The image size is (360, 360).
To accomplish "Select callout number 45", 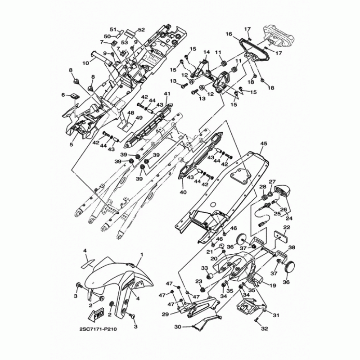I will tap(263, 144).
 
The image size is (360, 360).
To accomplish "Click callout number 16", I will tap(229, 34).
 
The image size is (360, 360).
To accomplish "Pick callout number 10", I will tap(85, 63).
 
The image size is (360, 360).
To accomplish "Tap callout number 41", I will tap(166, 94).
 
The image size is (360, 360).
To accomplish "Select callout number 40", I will tap(182, 192).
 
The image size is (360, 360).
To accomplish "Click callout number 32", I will tap(264, 329).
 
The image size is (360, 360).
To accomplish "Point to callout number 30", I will tap(177, 327).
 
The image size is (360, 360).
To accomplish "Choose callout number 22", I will tap(286, 228).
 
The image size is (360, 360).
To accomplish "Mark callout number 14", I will tap(207, 52).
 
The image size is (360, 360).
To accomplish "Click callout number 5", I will tap(71, 144).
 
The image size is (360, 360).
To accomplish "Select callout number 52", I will tap(141, 30).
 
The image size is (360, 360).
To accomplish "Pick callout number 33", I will tap(204, 269).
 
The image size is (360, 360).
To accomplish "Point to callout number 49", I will tap(139, 118).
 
